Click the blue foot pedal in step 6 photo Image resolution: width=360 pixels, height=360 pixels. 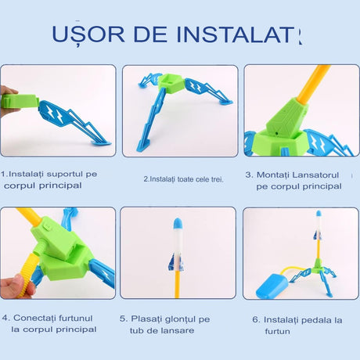[272, 283]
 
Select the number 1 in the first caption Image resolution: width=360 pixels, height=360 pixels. [3, 173]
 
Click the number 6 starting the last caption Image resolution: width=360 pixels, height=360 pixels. [255, 319]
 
